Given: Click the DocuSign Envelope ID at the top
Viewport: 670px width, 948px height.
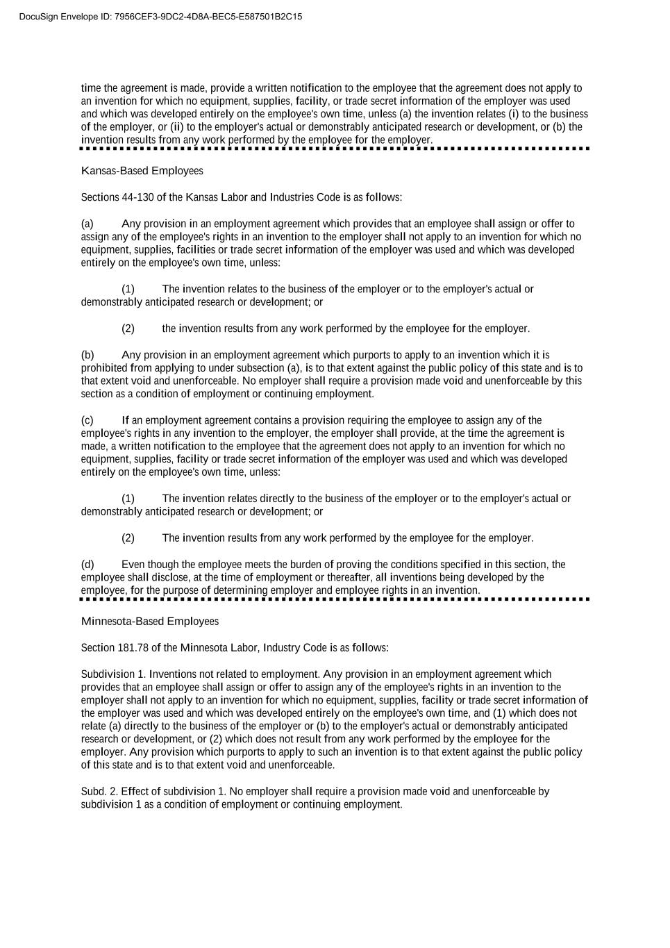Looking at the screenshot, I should point(160,17).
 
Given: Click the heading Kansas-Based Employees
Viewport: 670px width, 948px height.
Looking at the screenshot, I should point(142,171).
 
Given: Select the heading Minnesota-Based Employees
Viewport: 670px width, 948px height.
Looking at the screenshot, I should point(150,622).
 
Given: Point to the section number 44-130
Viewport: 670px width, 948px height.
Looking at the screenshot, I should point(137,197).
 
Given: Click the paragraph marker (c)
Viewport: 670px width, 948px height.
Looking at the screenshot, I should point(87,420).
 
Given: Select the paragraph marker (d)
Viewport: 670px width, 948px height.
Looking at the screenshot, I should point(87,565).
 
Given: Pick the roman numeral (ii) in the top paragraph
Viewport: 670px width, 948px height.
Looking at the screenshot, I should point(177,127).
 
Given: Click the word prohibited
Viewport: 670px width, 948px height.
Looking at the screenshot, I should point(104,368).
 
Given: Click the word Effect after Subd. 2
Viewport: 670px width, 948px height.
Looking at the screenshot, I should point(135,792).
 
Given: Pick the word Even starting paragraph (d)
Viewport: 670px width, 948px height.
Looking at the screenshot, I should point(133,565).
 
